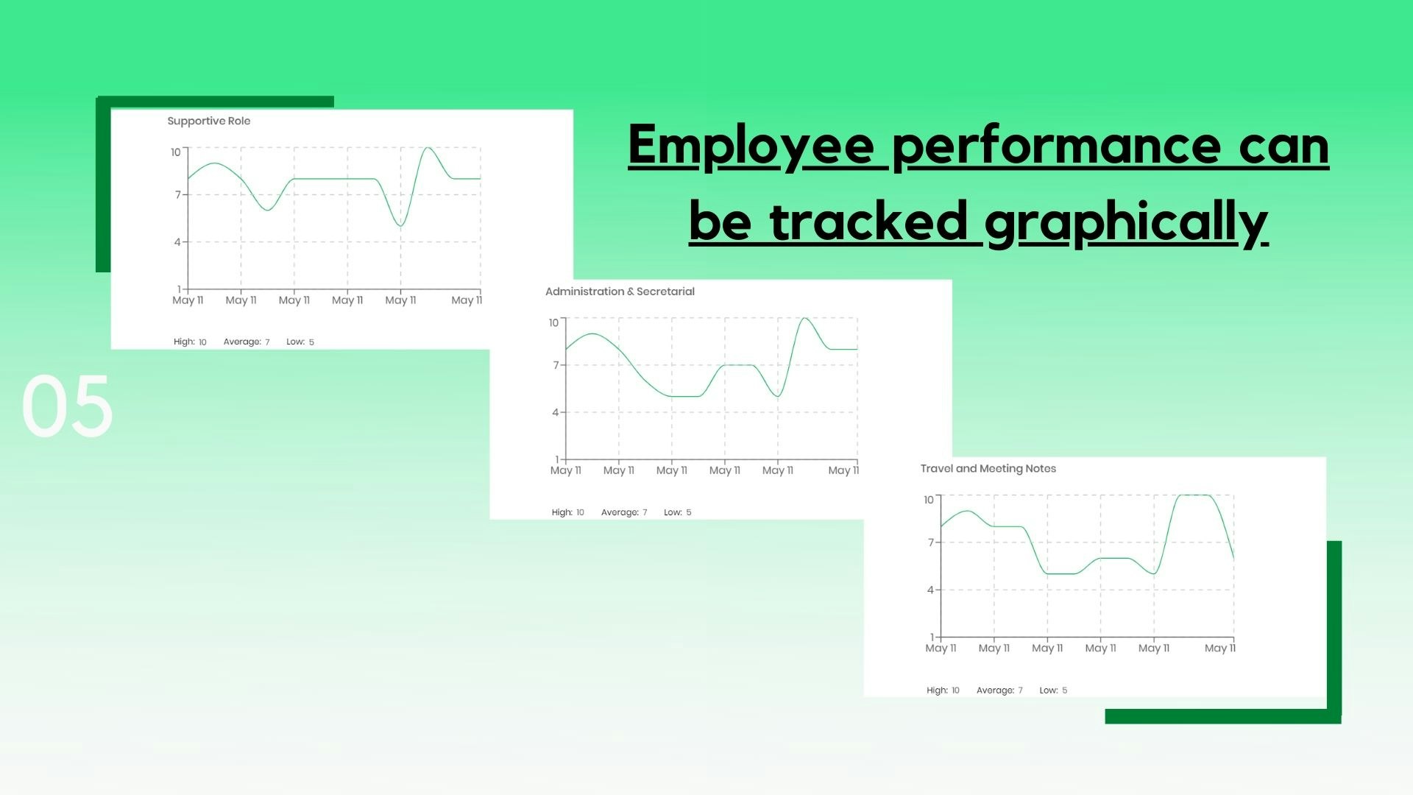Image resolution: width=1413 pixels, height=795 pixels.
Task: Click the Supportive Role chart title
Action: [x=209, y=121]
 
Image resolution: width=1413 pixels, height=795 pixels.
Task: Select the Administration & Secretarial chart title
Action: [x=620, y=291]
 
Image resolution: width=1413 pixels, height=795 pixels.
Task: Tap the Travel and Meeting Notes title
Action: [x=988, y=468]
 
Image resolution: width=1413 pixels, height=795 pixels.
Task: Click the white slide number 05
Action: [x=67, y=406]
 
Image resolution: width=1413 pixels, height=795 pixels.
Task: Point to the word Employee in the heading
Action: [x=751, y=147]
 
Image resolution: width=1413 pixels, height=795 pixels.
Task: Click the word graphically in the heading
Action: [x=1126, y=222]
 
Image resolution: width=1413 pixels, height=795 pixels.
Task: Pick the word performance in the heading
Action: [x=1056, y=147]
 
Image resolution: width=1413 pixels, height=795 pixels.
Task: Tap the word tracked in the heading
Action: [x=868, y=221]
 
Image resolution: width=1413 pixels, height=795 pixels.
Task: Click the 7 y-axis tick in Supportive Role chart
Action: [x=177, y=194]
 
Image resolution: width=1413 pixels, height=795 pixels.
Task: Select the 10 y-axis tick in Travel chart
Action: [x=929, y=500]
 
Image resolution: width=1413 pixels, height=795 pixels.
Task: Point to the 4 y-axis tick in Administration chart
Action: [x=556, y=412]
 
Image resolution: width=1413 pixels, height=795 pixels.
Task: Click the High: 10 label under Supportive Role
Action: [x=190, y=342]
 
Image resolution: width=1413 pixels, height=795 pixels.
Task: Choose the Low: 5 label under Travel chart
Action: [x=1053, y=690]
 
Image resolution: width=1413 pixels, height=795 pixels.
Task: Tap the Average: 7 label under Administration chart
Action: [x=624, y=512]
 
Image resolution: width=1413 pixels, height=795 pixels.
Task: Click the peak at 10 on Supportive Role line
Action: [x=428, y=148]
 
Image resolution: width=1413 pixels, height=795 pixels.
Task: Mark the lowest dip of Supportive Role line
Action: [x=400, y=225]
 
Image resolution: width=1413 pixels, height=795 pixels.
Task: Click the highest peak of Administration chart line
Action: [x=804, y=319]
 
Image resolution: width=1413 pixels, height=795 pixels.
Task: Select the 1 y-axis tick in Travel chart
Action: [x=932, y=637]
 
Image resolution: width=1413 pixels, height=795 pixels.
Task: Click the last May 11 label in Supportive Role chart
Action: [x=467, y=300]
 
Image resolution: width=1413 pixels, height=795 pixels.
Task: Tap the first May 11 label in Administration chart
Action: [x=566, y=470]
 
